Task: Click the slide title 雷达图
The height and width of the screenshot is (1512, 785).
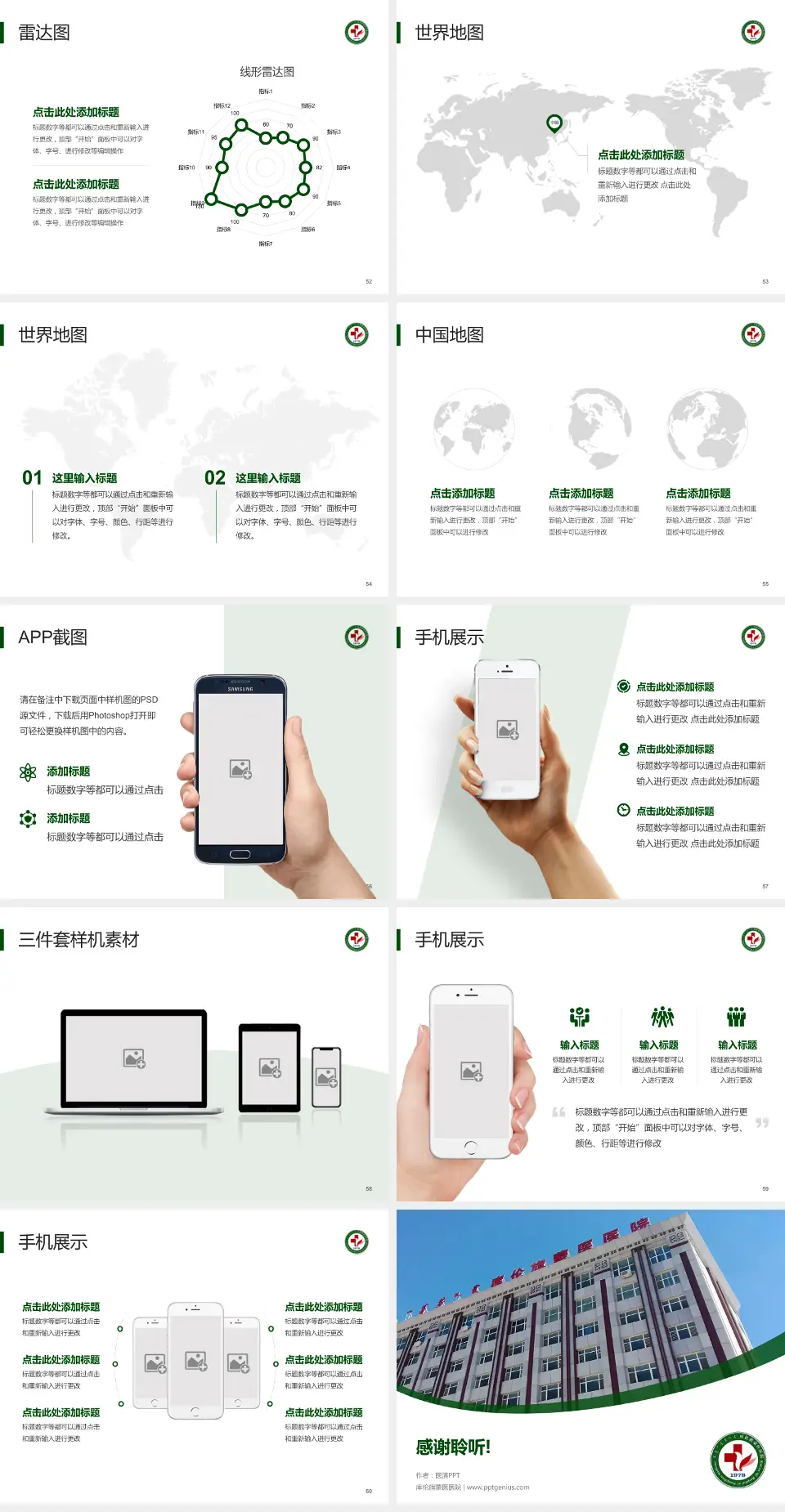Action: pyautogui.click(x=44, y=33)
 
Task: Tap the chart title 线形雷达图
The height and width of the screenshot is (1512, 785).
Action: pyautogui.click(x=267, y=72)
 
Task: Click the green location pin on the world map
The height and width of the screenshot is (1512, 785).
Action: pyautogui.click(x=554, y=123)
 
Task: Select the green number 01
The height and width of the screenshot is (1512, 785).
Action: pyautogui.click(x=32, y=478)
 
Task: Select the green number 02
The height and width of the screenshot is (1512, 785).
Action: pyautogui.click(x=215, y=478)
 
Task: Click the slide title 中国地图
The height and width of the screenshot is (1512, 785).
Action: pyautogui.click(x=449, y=335)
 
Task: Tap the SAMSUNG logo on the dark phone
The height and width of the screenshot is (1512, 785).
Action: pyautogui.click(x=240, y=689)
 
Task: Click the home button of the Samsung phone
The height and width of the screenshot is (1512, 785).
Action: pyautogui.click(x=240, y=854)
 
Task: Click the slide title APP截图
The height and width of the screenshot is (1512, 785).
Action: pyautogui.click(x=53, y=637)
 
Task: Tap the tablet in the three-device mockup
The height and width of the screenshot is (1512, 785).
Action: pyautogui.click(x=270, y=1067)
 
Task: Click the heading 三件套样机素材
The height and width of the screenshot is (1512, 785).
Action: pyautogui.click(x=78, y=940)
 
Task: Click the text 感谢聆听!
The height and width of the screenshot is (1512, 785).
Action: pyautogui.click(x=453, y=1447)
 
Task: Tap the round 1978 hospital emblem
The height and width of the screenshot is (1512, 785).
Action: pyautogui.click(x=738, y=1460)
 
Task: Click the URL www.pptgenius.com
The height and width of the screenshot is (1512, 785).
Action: pyautogui.click(x=498, y=1487)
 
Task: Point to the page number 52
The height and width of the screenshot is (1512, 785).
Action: pyautogui.click(x=369, y=281)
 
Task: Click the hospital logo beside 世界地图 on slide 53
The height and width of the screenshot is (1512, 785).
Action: pyautogui.click(x=753, y=33)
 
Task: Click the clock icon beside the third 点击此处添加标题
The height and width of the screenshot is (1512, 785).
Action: pyautogui.click(x=623, y=810)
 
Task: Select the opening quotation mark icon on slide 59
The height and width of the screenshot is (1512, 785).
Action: pyautogui.click(x=558, y=1112)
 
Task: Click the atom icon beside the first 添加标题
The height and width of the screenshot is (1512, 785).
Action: pyautogui.click(x=28, y=772)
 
